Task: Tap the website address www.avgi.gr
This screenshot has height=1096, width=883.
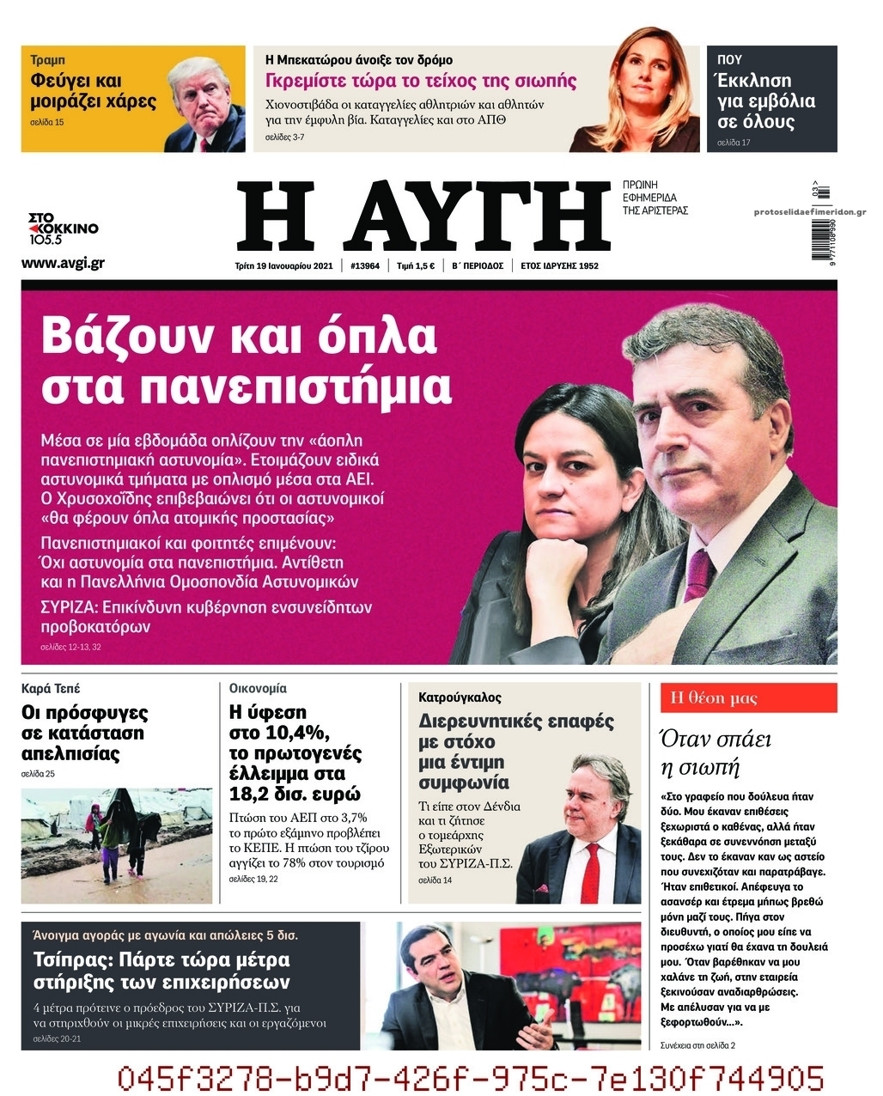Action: point(63,263)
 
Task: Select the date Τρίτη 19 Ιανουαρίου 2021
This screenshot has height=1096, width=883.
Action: point(283,266)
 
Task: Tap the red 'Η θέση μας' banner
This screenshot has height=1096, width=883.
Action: point(747,698)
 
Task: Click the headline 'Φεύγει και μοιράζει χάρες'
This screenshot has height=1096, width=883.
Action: point(93,92)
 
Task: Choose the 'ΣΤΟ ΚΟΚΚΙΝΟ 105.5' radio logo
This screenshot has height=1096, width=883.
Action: point(64,228)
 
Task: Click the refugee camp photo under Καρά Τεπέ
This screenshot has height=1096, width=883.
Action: point(116,845)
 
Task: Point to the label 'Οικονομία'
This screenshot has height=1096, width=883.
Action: point(258,689)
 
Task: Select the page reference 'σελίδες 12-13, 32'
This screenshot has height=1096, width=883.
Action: point(70,647)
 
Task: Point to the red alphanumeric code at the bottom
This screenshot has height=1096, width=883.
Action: point(470,1078)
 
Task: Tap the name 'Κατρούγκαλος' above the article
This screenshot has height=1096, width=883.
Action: point(460,697)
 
